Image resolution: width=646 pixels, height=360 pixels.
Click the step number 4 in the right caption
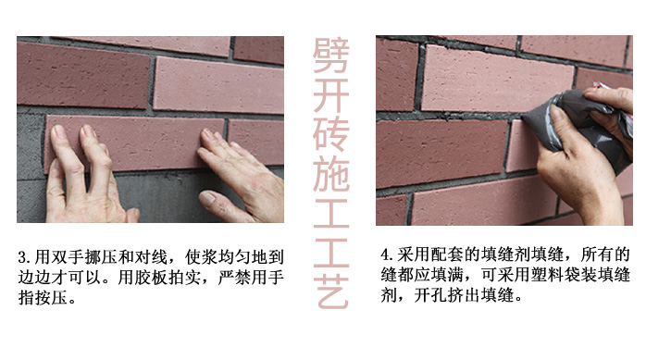(386, 254)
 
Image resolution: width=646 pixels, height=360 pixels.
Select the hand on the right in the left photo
(236, 176)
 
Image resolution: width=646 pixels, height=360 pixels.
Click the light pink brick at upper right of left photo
(217, 85)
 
